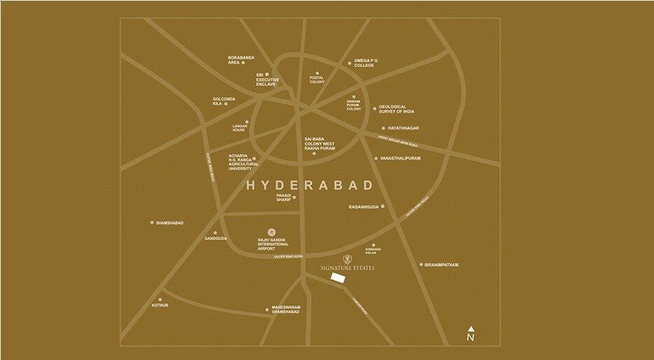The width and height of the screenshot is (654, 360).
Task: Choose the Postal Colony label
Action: [x=316, y=80]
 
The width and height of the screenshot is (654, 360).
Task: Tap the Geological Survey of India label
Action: [x=396, y=109]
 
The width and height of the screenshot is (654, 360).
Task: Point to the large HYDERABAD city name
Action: [x=309, y=186]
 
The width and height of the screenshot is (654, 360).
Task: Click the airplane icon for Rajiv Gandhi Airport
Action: [x=272, y=232]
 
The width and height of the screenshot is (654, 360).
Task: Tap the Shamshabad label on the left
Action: [x=170, y=223]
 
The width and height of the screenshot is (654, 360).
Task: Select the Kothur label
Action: [x=160, y=305]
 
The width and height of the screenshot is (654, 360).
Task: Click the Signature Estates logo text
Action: [x=339, y=267]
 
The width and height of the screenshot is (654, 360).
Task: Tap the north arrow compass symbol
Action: [x=471, y=334]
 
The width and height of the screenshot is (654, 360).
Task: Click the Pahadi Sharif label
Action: [x=284, y=198]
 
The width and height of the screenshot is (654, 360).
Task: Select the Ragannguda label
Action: [x=363, y=207]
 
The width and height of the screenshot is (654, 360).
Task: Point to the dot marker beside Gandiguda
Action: [x=215, y=233]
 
